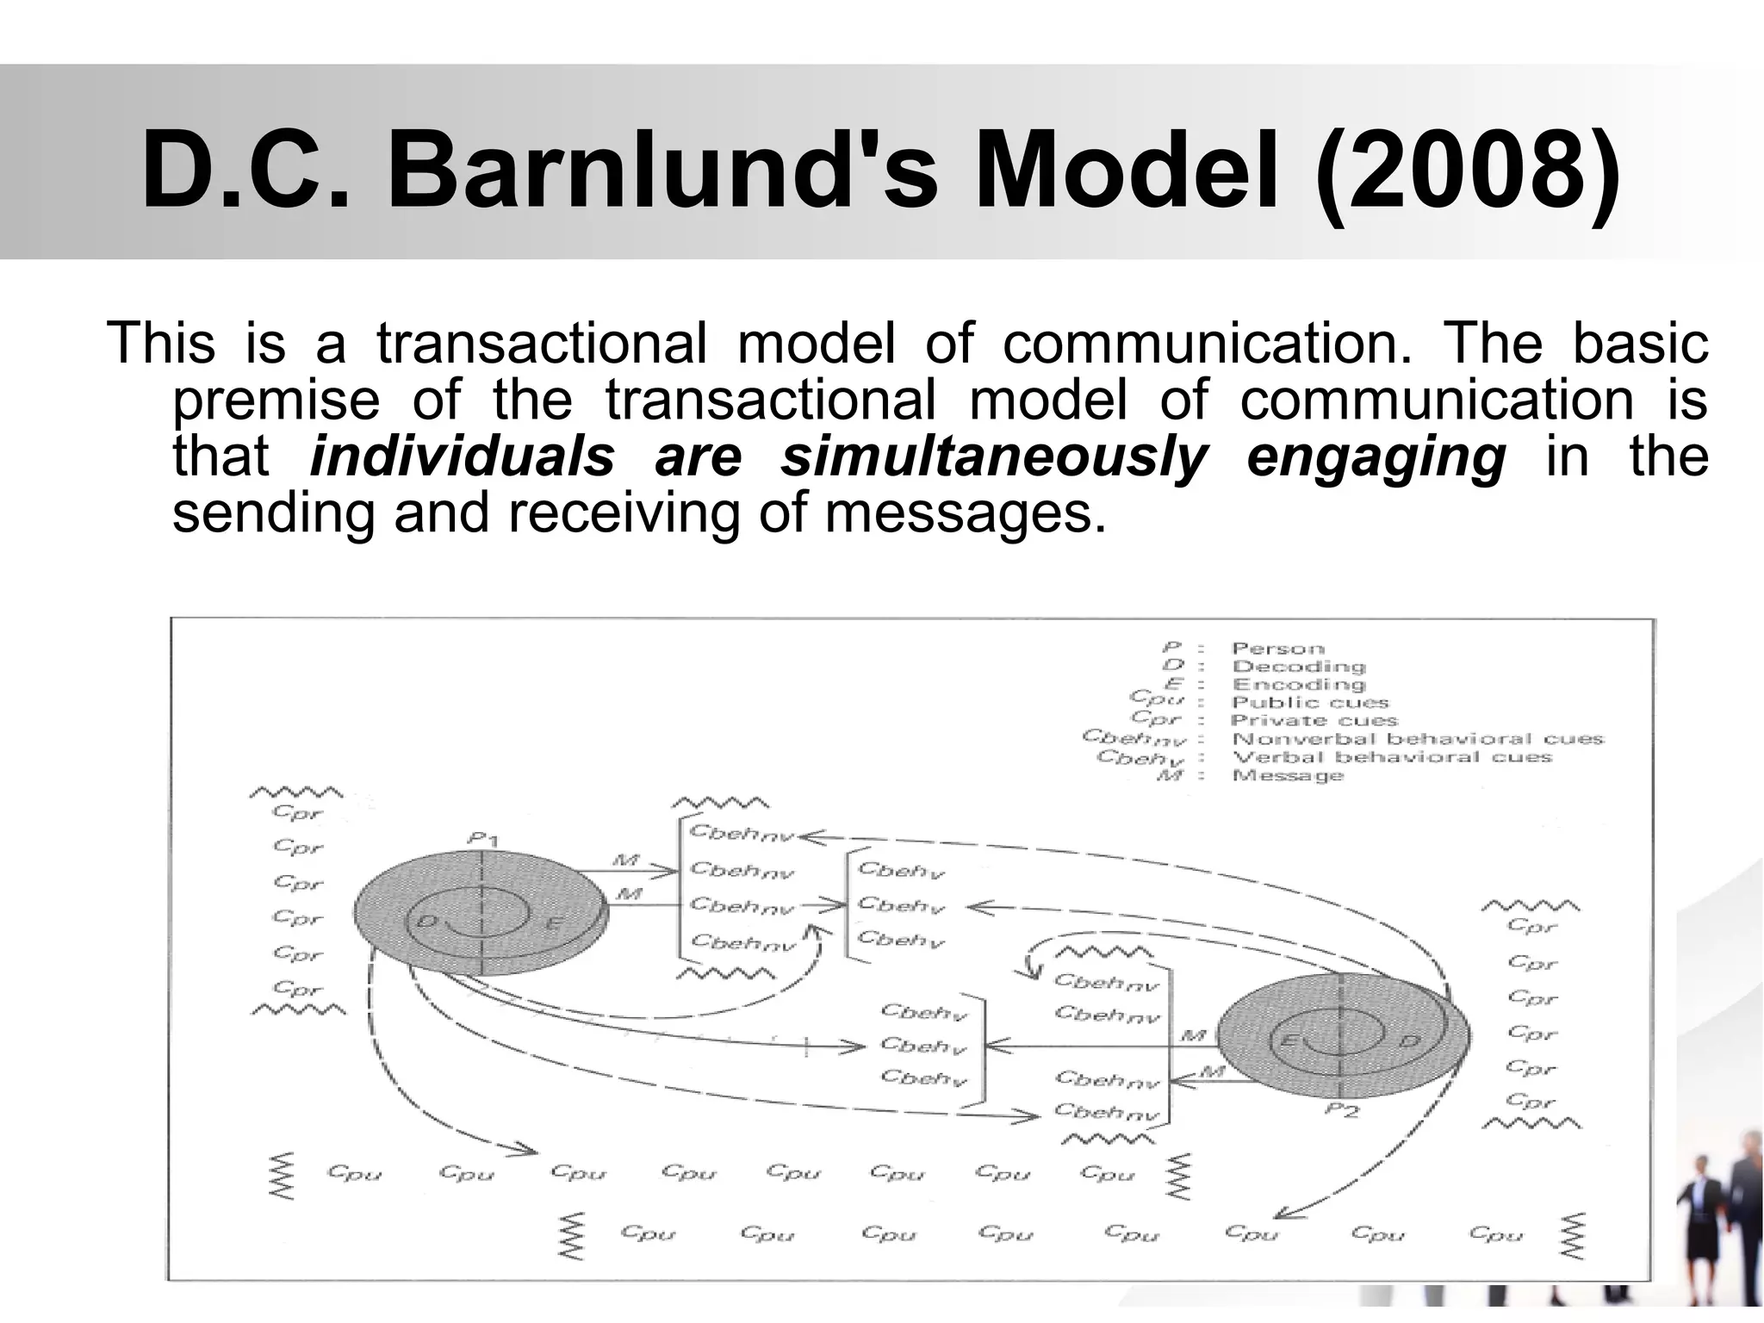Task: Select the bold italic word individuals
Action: coord(463,457)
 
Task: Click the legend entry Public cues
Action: coord(1309,703)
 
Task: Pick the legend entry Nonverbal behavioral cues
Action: coord(1417,739)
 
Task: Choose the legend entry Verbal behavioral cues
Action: coord(1391,757)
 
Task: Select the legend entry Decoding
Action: coord(1298,667)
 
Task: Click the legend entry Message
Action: coord(1288,775)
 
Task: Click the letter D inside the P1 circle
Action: coord(426,922)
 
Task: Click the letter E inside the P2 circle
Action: coord(1289,1041)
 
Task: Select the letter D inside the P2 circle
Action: coord(1408,1041)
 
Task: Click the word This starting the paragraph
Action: coord(160,343)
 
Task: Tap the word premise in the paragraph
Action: coord(276,400)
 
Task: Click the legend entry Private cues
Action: coord(1314,721)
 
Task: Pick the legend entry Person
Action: coord(1277,649)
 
